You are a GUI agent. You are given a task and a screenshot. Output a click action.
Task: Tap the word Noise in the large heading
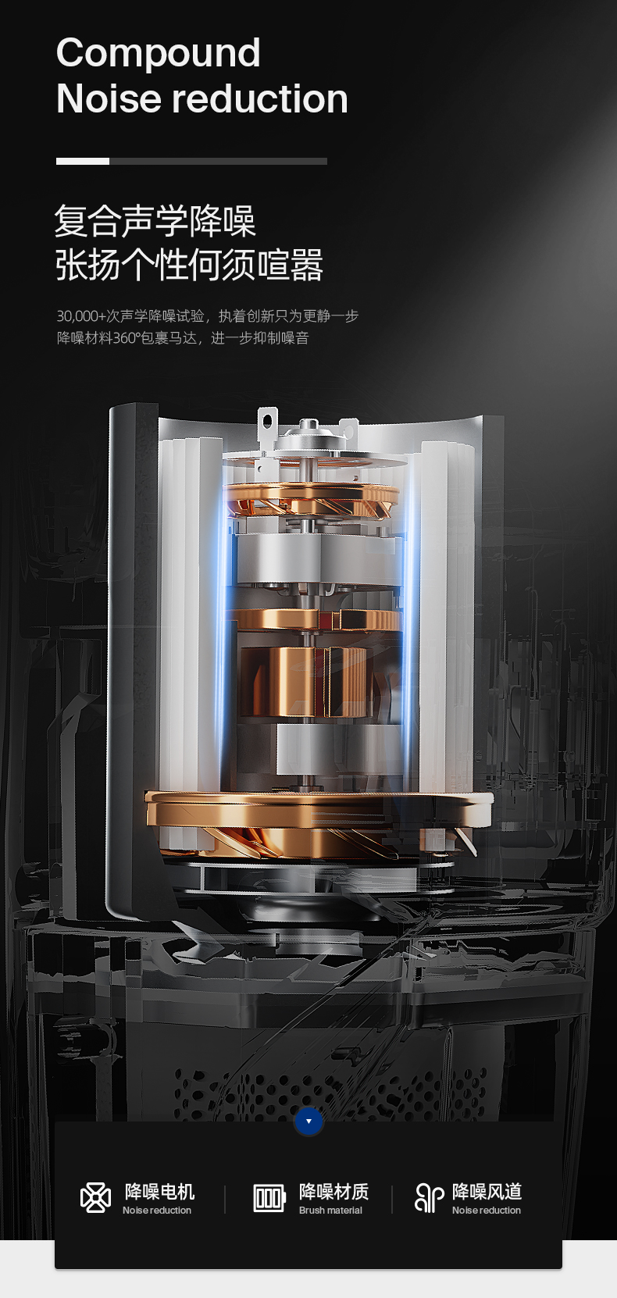109,98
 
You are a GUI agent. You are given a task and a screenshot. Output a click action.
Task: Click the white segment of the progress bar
83,161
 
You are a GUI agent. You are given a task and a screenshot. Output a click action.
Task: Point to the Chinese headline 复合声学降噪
155,221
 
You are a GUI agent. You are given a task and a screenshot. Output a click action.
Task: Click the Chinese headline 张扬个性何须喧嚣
189,265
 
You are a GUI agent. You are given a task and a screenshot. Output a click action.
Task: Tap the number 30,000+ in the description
81,316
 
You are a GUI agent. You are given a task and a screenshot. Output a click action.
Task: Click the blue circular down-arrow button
308,1121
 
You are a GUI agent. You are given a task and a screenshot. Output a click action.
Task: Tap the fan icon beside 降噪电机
95,1198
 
